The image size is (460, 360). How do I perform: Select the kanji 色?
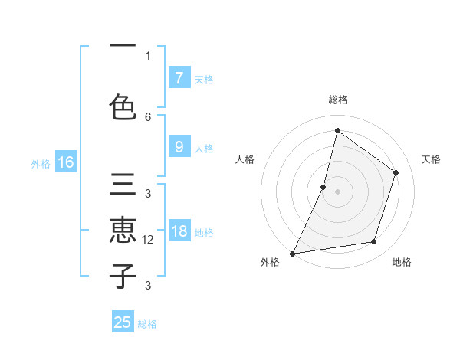coord(123,106)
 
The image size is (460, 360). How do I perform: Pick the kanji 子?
coord(123,276)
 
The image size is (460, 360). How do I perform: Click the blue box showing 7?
coord(179,77)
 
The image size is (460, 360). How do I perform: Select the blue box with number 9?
coord(179,147)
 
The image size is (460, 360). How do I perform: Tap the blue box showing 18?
coord(179,231)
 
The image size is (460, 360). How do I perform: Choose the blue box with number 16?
coord(66,162)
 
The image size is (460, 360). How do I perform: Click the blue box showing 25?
coord(123,322)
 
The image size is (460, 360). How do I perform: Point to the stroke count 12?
coord(149,240)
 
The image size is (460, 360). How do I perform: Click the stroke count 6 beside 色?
coord(148,116)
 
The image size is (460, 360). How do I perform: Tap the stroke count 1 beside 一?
coord(148,55)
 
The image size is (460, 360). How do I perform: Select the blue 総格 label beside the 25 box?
coord(147,324)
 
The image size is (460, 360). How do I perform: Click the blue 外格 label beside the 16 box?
coord(41,163)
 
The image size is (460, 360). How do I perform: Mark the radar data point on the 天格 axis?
coord(396,172)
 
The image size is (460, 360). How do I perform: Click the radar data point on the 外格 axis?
coord(292,253)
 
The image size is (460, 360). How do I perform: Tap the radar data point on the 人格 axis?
coord(324,187)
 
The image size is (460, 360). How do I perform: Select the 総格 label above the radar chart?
coord(337,100)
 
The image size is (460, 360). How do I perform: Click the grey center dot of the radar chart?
coord(337,191)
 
